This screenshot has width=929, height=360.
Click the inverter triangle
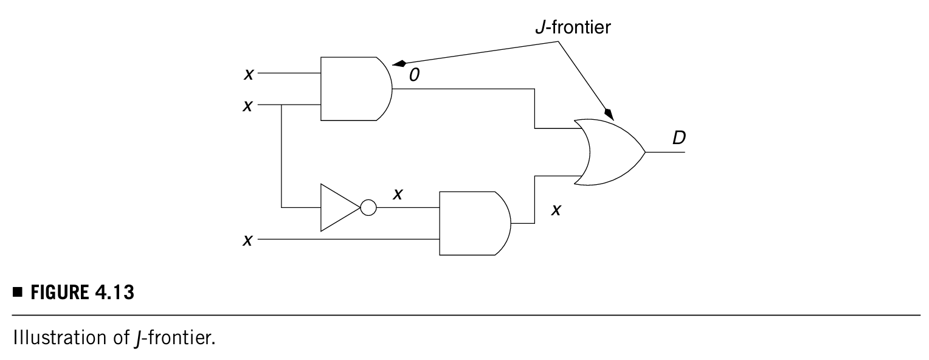pos(337,208)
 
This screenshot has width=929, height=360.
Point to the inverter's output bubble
pos(368,208)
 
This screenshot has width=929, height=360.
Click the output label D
pos(679,138)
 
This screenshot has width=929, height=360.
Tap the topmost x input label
pos(247,74)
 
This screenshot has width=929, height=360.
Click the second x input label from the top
pos(247,105)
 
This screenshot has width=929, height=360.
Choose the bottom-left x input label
pos(247,240)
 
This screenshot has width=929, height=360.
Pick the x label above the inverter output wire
pos(398,193)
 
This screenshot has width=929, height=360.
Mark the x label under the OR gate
pos(554,210)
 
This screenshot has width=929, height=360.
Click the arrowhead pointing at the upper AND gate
pos(399,63)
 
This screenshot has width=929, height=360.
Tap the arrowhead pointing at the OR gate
pos(608,113)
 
